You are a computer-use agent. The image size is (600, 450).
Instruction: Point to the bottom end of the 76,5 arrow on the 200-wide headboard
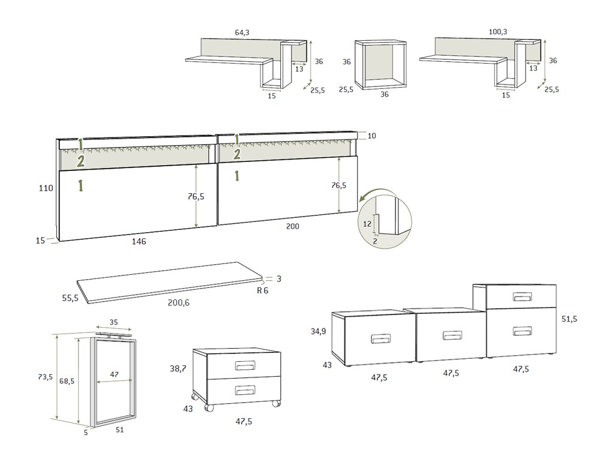[x=340, y=212]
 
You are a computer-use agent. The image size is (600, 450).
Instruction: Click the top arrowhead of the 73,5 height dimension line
[x=58, y=335]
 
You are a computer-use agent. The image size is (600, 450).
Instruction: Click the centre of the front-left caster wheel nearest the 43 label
[x=209, y=408]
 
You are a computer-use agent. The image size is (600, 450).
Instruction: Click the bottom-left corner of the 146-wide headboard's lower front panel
[x=60, y=241]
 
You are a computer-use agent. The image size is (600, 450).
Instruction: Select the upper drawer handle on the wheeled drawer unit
[x=245, y=365]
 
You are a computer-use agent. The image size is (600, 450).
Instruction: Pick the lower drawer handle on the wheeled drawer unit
[x=245, y=391]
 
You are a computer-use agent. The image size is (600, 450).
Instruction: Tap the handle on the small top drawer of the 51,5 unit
[x=523, y=297]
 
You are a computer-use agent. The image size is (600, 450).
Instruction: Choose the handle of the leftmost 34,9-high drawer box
[x=381, y=339]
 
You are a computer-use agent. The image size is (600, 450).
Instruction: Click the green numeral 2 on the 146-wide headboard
[x=80, y=161]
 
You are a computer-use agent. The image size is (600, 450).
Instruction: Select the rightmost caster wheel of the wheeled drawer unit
[x=275, y=403]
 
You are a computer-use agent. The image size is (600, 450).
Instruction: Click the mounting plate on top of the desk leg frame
[x=114, y=335]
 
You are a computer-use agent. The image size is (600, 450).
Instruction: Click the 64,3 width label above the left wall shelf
[x=242, y=32]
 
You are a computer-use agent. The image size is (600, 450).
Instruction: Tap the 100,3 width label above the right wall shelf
[x=498, y=32]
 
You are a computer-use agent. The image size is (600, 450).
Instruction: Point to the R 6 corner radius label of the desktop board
[x=263, y=290]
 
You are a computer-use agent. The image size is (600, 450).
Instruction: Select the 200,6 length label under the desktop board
[x=179, y=302]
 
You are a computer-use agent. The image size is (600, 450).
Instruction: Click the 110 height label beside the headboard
[x=46, y=188]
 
